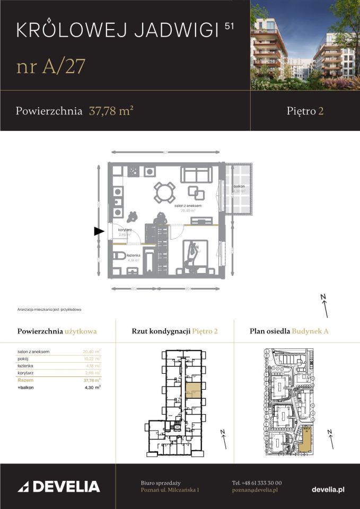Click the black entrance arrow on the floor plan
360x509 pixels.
pyautogui.click(x=98, y=231)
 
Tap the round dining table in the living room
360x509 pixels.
pyautogui.click(x=164, y=192)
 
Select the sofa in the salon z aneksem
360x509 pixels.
pyautogui.click(x=196, y=174)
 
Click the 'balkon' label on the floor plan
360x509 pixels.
pyautogui.click(x=239, y=187)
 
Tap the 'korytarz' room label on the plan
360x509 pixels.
pyautogui.click(x=125, y=230)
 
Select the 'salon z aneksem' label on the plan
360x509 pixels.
pyautogui.click(x=186, y=205)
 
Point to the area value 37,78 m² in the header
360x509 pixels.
pyautogui.click(x=111, y=111)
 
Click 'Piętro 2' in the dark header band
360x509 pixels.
pyautogui.click(x=305, y=111)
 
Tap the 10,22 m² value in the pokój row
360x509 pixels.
pyautogui.click(x=92, y=358)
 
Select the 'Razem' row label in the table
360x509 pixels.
pyautogui.click(x=24, y=380)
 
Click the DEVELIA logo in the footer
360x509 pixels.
pyautogui.click(x=59, y=486)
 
